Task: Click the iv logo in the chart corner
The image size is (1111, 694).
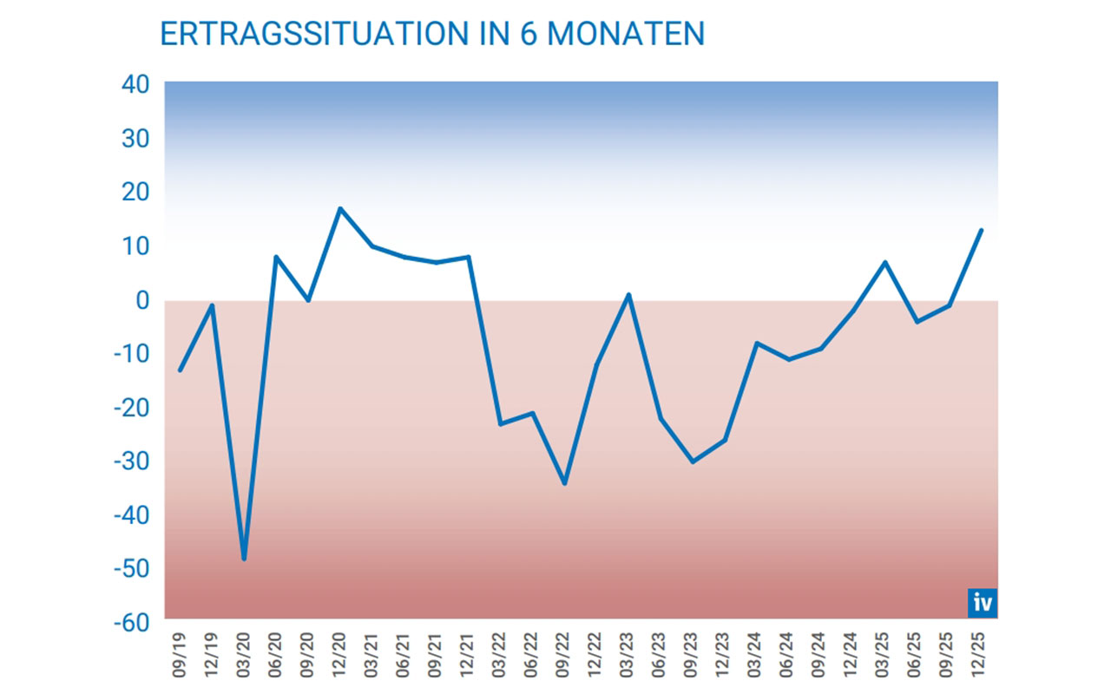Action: [x=983, y=602]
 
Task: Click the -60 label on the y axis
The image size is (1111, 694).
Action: [x=132, y=622]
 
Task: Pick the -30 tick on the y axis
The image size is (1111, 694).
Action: [x=132, y=461]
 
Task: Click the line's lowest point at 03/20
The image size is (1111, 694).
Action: [x=244, y=559]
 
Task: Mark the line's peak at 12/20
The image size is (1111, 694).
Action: [x=339, y=208]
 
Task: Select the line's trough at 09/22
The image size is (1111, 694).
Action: [x=564, y=483]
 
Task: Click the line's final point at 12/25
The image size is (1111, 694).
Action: [x=981, y=230]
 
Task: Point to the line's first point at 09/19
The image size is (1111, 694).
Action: [x=180, y=370]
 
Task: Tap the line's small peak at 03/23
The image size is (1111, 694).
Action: [x=628, y=295]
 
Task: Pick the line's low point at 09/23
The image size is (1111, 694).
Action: [x=693, y=462]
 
